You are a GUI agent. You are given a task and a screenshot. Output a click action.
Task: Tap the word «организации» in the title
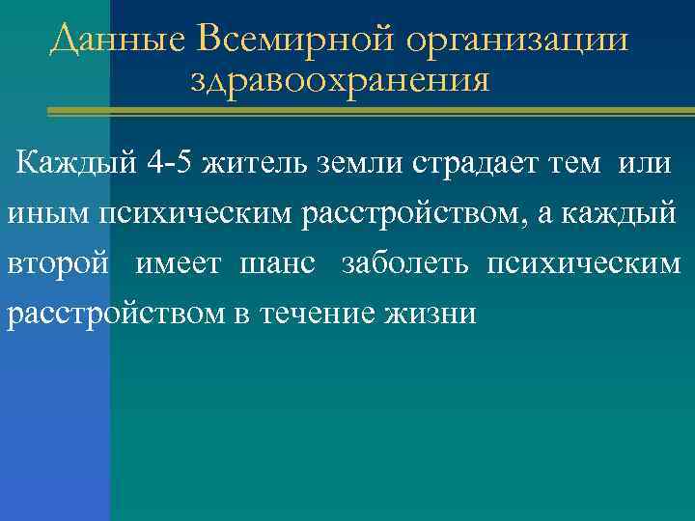coord(517,41)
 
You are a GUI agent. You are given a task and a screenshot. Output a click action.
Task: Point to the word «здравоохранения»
coord(340,79)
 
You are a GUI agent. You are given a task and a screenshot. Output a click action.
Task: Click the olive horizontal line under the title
coord(367,113)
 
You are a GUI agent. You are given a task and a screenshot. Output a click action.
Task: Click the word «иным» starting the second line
coord(47,212)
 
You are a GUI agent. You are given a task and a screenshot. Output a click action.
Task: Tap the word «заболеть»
coord(404,264)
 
